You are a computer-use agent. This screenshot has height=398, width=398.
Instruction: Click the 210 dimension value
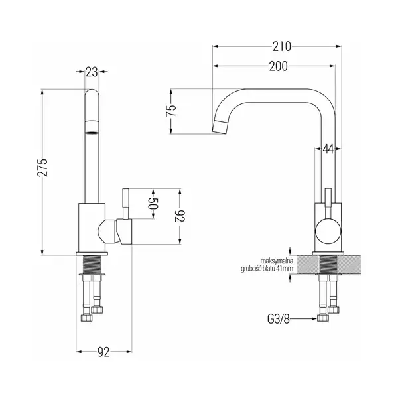pyautogui.click(x=282, y=46)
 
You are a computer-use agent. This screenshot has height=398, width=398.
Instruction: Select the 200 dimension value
pyautogui.click(x=278, y=66)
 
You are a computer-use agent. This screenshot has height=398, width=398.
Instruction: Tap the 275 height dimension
pyautogui.click(x=42, y=168)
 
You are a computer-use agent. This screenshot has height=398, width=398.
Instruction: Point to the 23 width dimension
pyautogui.click(x=92, y=72)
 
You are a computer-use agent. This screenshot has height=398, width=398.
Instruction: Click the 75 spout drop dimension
pyautogui.click(x=171, y=110)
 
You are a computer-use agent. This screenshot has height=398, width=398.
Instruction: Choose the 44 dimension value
pyautogui.click(x=328, y=149)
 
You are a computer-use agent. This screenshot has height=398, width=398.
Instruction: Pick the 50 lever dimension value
pyautogui.click(x=153, y=204)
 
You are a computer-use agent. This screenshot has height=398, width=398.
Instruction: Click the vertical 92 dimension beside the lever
pyautogui.click(x=180, y=216)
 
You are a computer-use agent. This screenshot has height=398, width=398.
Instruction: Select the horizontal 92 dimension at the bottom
pyautogui.click(x=103, y=352)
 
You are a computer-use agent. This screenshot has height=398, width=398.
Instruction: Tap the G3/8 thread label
pyautogui.click(x=278, y=319)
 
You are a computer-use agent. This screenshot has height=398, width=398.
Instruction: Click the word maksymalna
pyautogui.click(x=277, y=261)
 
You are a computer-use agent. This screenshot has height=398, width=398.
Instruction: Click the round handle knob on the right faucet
pyautogui.click(x=328, y=231)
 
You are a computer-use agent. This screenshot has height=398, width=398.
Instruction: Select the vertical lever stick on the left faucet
pyautogui.click(x=125, y=204)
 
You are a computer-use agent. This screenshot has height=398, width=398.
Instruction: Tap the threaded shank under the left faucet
pyautogui.click(x=92, y=265)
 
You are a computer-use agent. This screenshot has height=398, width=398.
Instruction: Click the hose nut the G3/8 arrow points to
pyautogui.click(x=323, y=318)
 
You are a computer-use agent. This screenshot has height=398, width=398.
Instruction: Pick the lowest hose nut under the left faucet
pyautogui.click(x=86, y=318)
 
